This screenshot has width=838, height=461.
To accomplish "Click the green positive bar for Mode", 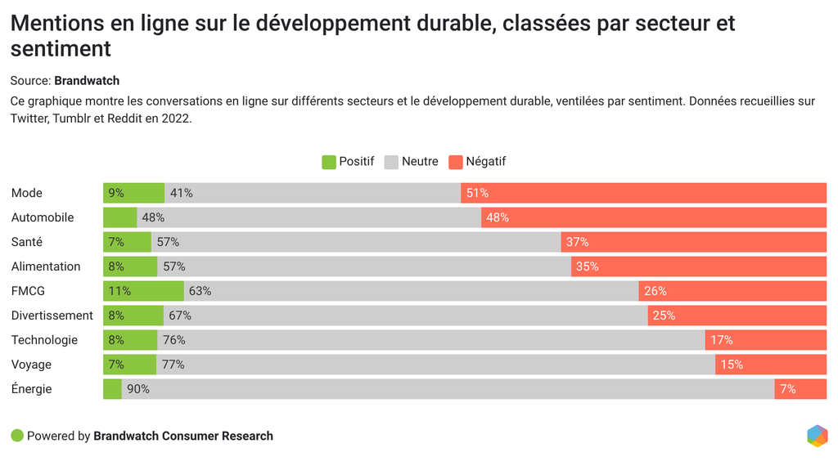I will coord(133,193).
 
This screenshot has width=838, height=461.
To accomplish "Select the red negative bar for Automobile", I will coord(653,217).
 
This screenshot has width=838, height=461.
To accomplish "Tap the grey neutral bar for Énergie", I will coord(448,389).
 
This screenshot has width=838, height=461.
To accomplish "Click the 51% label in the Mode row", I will coord(477,193).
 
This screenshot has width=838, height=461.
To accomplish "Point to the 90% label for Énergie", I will coord(138,389).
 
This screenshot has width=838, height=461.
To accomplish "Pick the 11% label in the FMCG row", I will coord(119,291).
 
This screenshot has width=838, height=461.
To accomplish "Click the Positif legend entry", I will coord(348,162).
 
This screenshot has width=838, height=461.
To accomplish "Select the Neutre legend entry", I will coord(411,162).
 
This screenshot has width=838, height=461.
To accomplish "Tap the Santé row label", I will coord(27,242).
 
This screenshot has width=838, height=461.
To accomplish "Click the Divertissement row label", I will coord(52,316).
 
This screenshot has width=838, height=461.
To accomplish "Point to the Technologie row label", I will coord(44,340).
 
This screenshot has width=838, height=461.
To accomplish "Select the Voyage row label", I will coord(31,365).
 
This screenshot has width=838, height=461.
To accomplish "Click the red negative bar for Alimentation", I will coord(698,266).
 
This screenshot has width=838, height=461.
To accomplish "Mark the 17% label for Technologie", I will coord(722,340).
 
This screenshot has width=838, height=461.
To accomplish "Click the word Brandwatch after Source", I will coord(87,80).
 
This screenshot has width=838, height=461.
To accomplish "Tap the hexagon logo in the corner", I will coord(817,436).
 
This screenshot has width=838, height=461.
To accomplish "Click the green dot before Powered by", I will coord(17,436).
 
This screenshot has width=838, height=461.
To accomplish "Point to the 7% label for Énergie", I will coord(788,389).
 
